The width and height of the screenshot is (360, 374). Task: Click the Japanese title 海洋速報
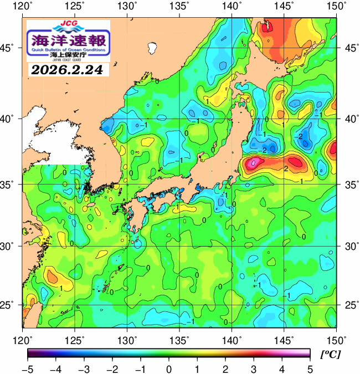pos(68,39)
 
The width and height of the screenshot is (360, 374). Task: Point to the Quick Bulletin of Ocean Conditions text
pos(68,49)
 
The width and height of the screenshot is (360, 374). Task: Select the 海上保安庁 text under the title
pos(68,55)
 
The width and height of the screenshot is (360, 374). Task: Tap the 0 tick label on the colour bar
pos(168,369)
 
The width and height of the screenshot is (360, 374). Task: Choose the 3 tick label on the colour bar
pos(253,369)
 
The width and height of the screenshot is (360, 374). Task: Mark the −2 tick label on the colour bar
pos(112,369)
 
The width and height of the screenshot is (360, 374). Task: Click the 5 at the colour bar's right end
pos(309,369)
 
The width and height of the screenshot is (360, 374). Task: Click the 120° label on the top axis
pos(23,7)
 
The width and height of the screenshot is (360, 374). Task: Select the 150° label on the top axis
pos(336,7)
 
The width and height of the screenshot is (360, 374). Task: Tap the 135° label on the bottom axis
pos(179,339)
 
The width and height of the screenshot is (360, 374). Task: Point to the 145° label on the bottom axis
pos(284,339)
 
